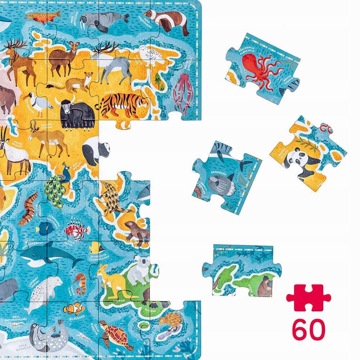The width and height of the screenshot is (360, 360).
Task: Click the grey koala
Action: coord(138,269)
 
